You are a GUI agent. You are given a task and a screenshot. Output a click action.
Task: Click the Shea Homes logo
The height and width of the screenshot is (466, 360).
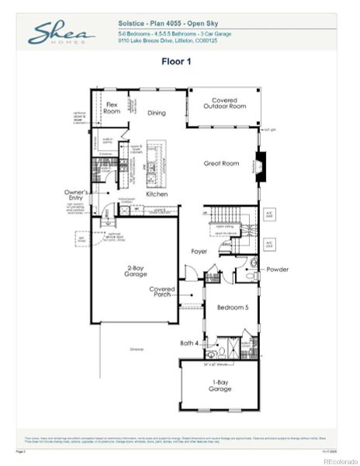(61, 35)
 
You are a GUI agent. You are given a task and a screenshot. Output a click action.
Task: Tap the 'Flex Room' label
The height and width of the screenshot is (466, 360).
(112, 107)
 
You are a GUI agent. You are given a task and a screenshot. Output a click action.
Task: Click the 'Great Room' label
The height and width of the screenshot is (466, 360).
(220, 163)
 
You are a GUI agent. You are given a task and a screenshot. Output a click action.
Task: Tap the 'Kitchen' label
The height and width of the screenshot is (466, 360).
(157, 194)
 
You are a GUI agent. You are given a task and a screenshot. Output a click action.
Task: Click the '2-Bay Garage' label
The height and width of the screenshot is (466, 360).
(139, 272)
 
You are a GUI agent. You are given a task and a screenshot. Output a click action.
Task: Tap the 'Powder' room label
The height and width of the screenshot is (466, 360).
(277, 270)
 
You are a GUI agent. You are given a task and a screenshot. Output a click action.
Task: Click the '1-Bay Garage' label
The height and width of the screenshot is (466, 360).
(220, 386)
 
